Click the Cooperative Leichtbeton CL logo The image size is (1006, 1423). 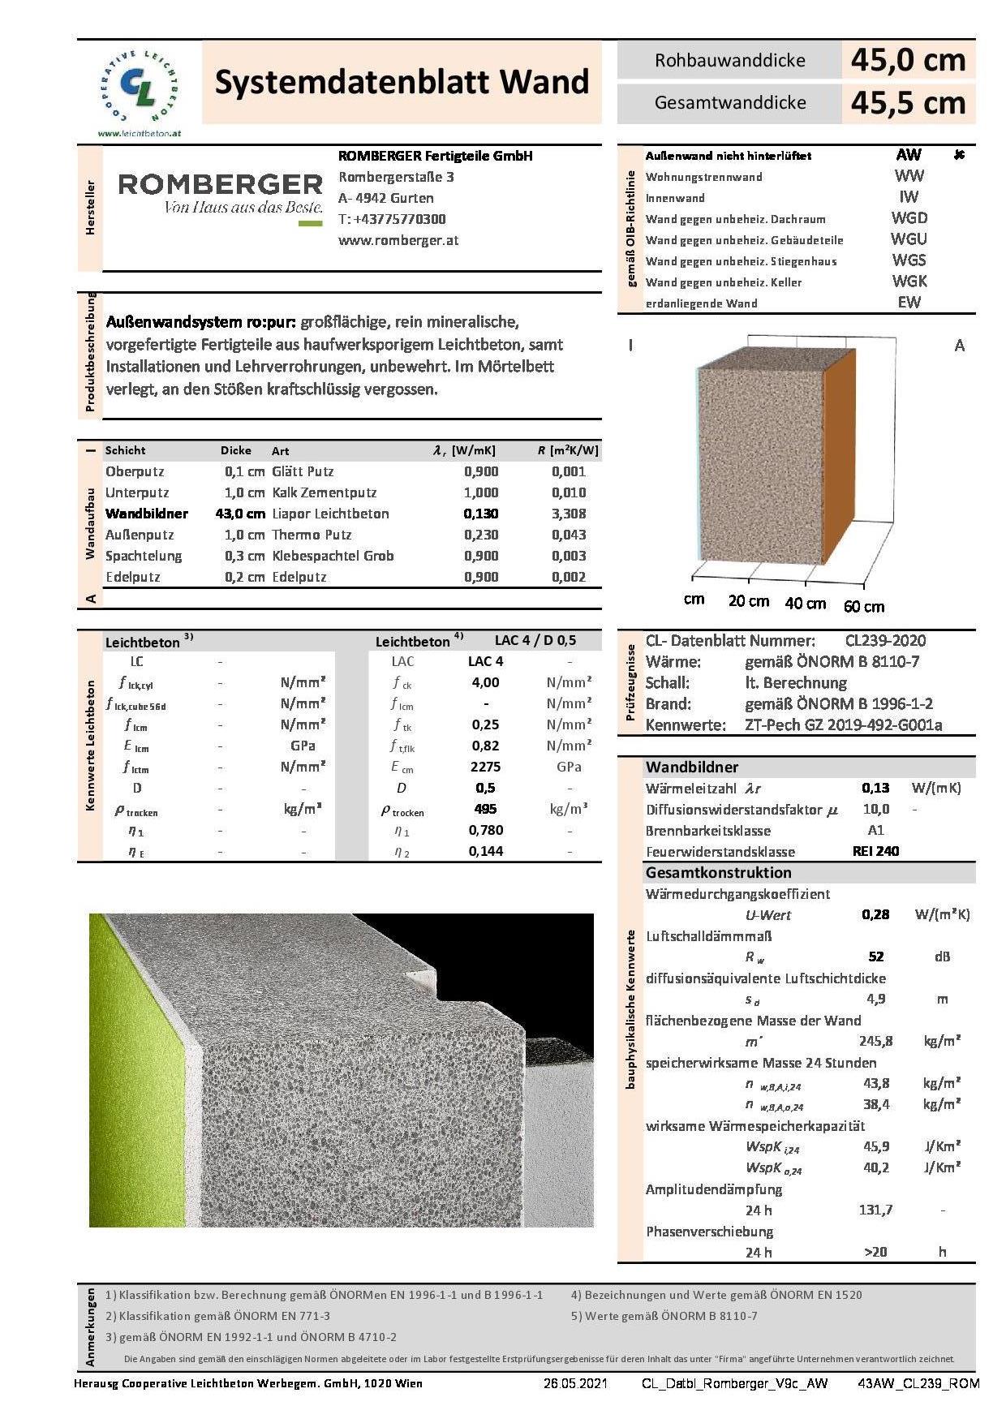point(140,87)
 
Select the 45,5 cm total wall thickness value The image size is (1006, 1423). point(908,103)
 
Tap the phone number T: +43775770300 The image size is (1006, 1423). point(392,219)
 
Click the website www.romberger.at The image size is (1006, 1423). point(398,240)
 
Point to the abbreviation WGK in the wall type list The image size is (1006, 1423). point(909,282)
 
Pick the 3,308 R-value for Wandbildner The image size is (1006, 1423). point(569,514)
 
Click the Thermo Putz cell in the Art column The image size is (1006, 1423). point(312,535)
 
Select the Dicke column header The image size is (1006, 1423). point(236,450)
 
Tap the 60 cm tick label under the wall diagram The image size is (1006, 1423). point(864,606)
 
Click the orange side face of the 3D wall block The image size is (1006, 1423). point(838,454)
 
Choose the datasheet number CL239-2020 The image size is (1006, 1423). point(885,640)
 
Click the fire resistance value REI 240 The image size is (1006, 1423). point(875,851)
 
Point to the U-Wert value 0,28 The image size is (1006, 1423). point(875,914)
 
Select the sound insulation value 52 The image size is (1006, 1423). point(875,957)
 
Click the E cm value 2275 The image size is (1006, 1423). point(485,767)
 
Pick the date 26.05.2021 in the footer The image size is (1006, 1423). point(575,1383)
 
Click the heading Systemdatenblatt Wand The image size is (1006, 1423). point(402,82)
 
